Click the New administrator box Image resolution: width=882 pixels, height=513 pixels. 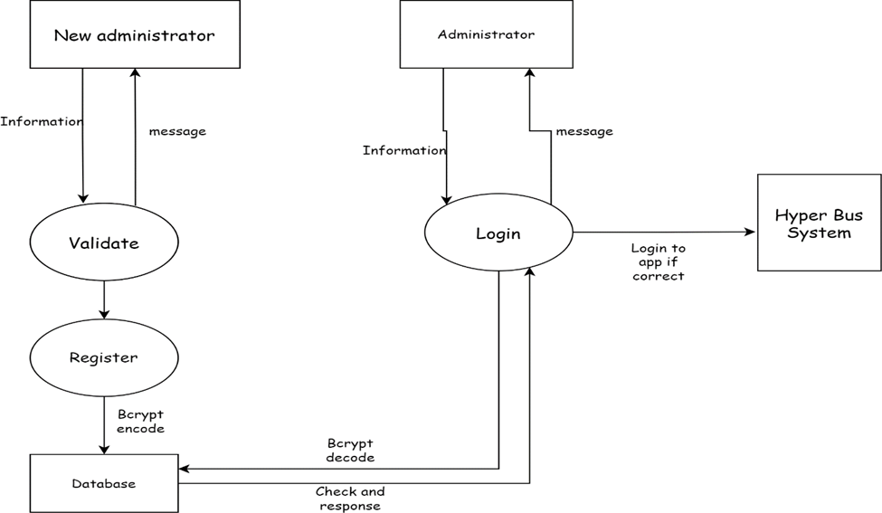(134, 35)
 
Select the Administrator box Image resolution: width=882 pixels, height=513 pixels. (486, 34)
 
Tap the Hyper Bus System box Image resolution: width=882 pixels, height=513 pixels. (819, 223)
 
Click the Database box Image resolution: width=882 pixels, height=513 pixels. (104, 483)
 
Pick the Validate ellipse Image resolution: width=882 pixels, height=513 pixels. (104, 242)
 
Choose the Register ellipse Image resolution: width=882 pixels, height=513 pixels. (104, 357)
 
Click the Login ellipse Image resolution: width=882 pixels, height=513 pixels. (498, 233)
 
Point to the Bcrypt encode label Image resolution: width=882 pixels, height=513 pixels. (140, 422)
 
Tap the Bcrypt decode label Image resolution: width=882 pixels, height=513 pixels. (350, 451)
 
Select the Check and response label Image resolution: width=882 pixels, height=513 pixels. (350, 499)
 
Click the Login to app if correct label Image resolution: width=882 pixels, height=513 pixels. (659, 261)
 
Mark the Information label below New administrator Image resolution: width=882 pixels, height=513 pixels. (42, 121)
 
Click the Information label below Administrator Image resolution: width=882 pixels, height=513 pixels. (404, 150)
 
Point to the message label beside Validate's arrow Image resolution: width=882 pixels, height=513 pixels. (177, 131)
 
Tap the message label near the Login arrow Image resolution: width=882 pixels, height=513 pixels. (583, 131)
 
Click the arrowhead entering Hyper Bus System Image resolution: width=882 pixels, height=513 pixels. (750, 232)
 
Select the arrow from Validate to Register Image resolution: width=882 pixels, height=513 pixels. (104, 299)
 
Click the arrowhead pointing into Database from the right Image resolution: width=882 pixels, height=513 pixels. (185, 469)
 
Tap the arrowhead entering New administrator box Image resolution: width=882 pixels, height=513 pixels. (135, 73)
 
